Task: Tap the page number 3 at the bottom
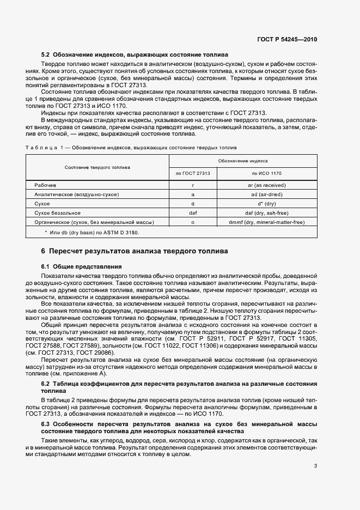(315, 465)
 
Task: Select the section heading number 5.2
(45, 55)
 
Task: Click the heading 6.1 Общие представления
(82, 266)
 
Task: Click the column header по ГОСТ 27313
(193, 173)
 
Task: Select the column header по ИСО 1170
(266, 173)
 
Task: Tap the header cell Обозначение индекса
(242, 161)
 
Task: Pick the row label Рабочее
(45, 185)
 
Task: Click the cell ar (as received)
(266, 185)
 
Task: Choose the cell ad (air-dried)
(266, 195)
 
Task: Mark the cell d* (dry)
(266, 204)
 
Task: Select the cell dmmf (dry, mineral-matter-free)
(266, 222)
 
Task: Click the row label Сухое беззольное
(57, 213)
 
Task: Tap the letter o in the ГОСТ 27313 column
(193, 222)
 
